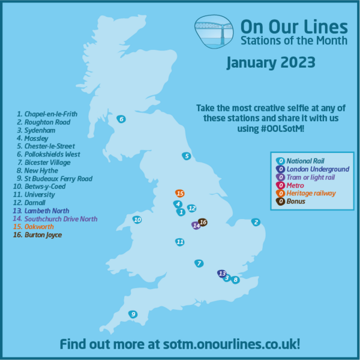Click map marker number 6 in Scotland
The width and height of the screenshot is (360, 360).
pyautogui.click(x=121, y=119)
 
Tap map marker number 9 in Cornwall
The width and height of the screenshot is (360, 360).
pyautogui.click(x=133, y=314)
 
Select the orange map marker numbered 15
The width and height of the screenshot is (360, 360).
pyautogui.click(x=179, y=193)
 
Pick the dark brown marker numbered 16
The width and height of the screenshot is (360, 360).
pyautogui.click(x=203, y=223)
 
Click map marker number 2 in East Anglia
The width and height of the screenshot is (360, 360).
pyautogui.click(x=256, y=222)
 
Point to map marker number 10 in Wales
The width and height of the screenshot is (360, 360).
pyautogui.click(x=137, y=220)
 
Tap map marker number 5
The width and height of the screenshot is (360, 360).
pyautogui.click(x=187, y=156)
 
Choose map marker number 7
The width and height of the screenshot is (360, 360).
pyautogui.click(x=199, y=263)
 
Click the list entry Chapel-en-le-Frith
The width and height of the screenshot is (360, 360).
pyautogui.click(x=48, y=113)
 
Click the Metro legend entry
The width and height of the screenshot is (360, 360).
pyautogui.click(x=296, y=185)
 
